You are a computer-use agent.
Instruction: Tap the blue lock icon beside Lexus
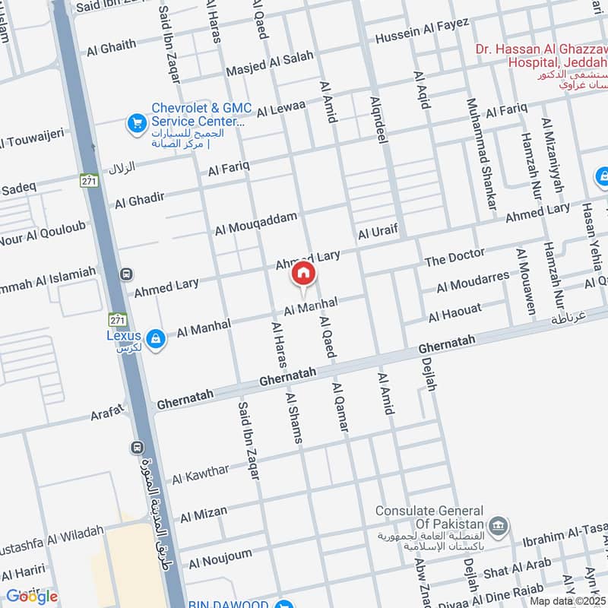tap(155, 338)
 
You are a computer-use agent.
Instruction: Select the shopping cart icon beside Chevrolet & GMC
tap(136, 122)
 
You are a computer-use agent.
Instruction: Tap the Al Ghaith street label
tap(111, 49)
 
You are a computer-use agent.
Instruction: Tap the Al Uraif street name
tap(378, 230)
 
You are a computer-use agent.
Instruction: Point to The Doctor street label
tap(454, 258)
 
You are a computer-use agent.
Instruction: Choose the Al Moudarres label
tap(473, 282)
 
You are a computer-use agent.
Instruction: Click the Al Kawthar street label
tap(200, 474)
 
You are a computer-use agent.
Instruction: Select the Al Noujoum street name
tap(220, 559)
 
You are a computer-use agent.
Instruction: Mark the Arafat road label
tap(107, 413)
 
